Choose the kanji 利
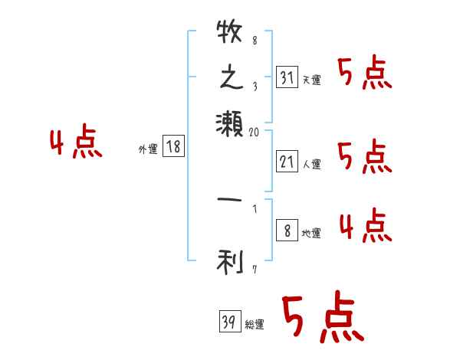click(x=230, y=262)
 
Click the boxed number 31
click(x=286, y=78)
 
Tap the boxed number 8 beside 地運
click(x=286, y=231)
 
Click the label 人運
click(x=312, y=162)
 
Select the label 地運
click(x=312, y=233)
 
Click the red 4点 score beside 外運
click(x=76, y=144)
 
